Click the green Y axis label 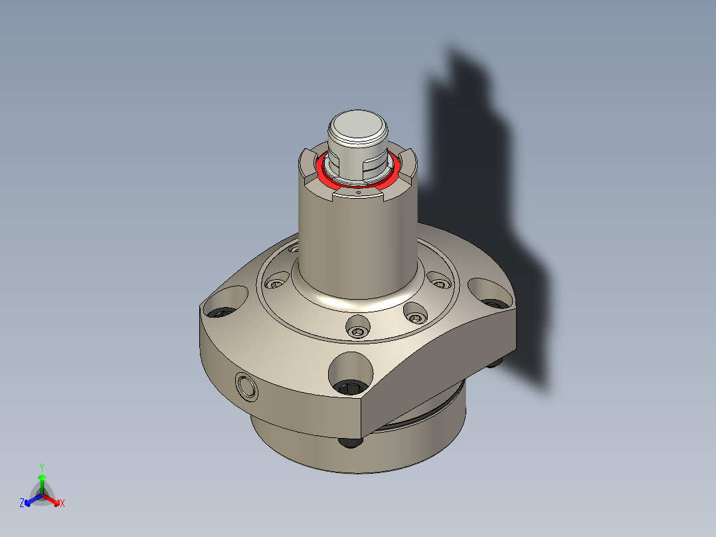[41, 467]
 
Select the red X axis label [62, 504]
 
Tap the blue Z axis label [22, 504]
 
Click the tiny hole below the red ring [358, 192]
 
